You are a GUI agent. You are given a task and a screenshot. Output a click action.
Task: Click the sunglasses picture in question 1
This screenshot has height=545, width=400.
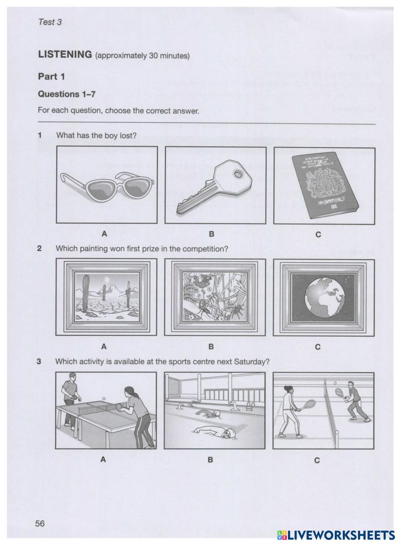tap(107, 185)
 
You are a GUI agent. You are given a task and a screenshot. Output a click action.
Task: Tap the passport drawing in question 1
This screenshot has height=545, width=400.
tap(324, 185)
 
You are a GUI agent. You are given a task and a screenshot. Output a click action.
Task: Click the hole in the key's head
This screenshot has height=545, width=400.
tap(239, 173)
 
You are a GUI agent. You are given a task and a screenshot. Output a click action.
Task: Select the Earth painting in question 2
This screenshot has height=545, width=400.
tap(324, 298)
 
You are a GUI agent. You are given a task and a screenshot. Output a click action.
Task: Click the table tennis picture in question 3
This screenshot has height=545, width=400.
tap(106, 410)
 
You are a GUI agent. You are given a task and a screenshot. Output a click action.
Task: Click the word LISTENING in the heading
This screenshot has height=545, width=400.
tap(65, 55)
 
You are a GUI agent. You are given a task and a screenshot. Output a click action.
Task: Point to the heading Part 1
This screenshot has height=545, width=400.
tap(51, 76)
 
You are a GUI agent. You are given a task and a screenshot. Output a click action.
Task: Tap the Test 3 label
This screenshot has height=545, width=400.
tap(50, 22)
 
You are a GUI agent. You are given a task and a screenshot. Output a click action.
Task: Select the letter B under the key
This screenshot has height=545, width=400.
tap(212, 233)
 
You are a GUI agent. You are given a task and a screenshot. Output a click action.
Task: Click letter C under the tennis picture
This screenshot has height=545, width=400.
tap(317, 461)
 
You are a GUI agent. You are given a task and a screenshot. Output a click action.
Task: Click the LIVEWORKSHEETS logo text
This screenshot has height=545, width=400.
tap(340, 535)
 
